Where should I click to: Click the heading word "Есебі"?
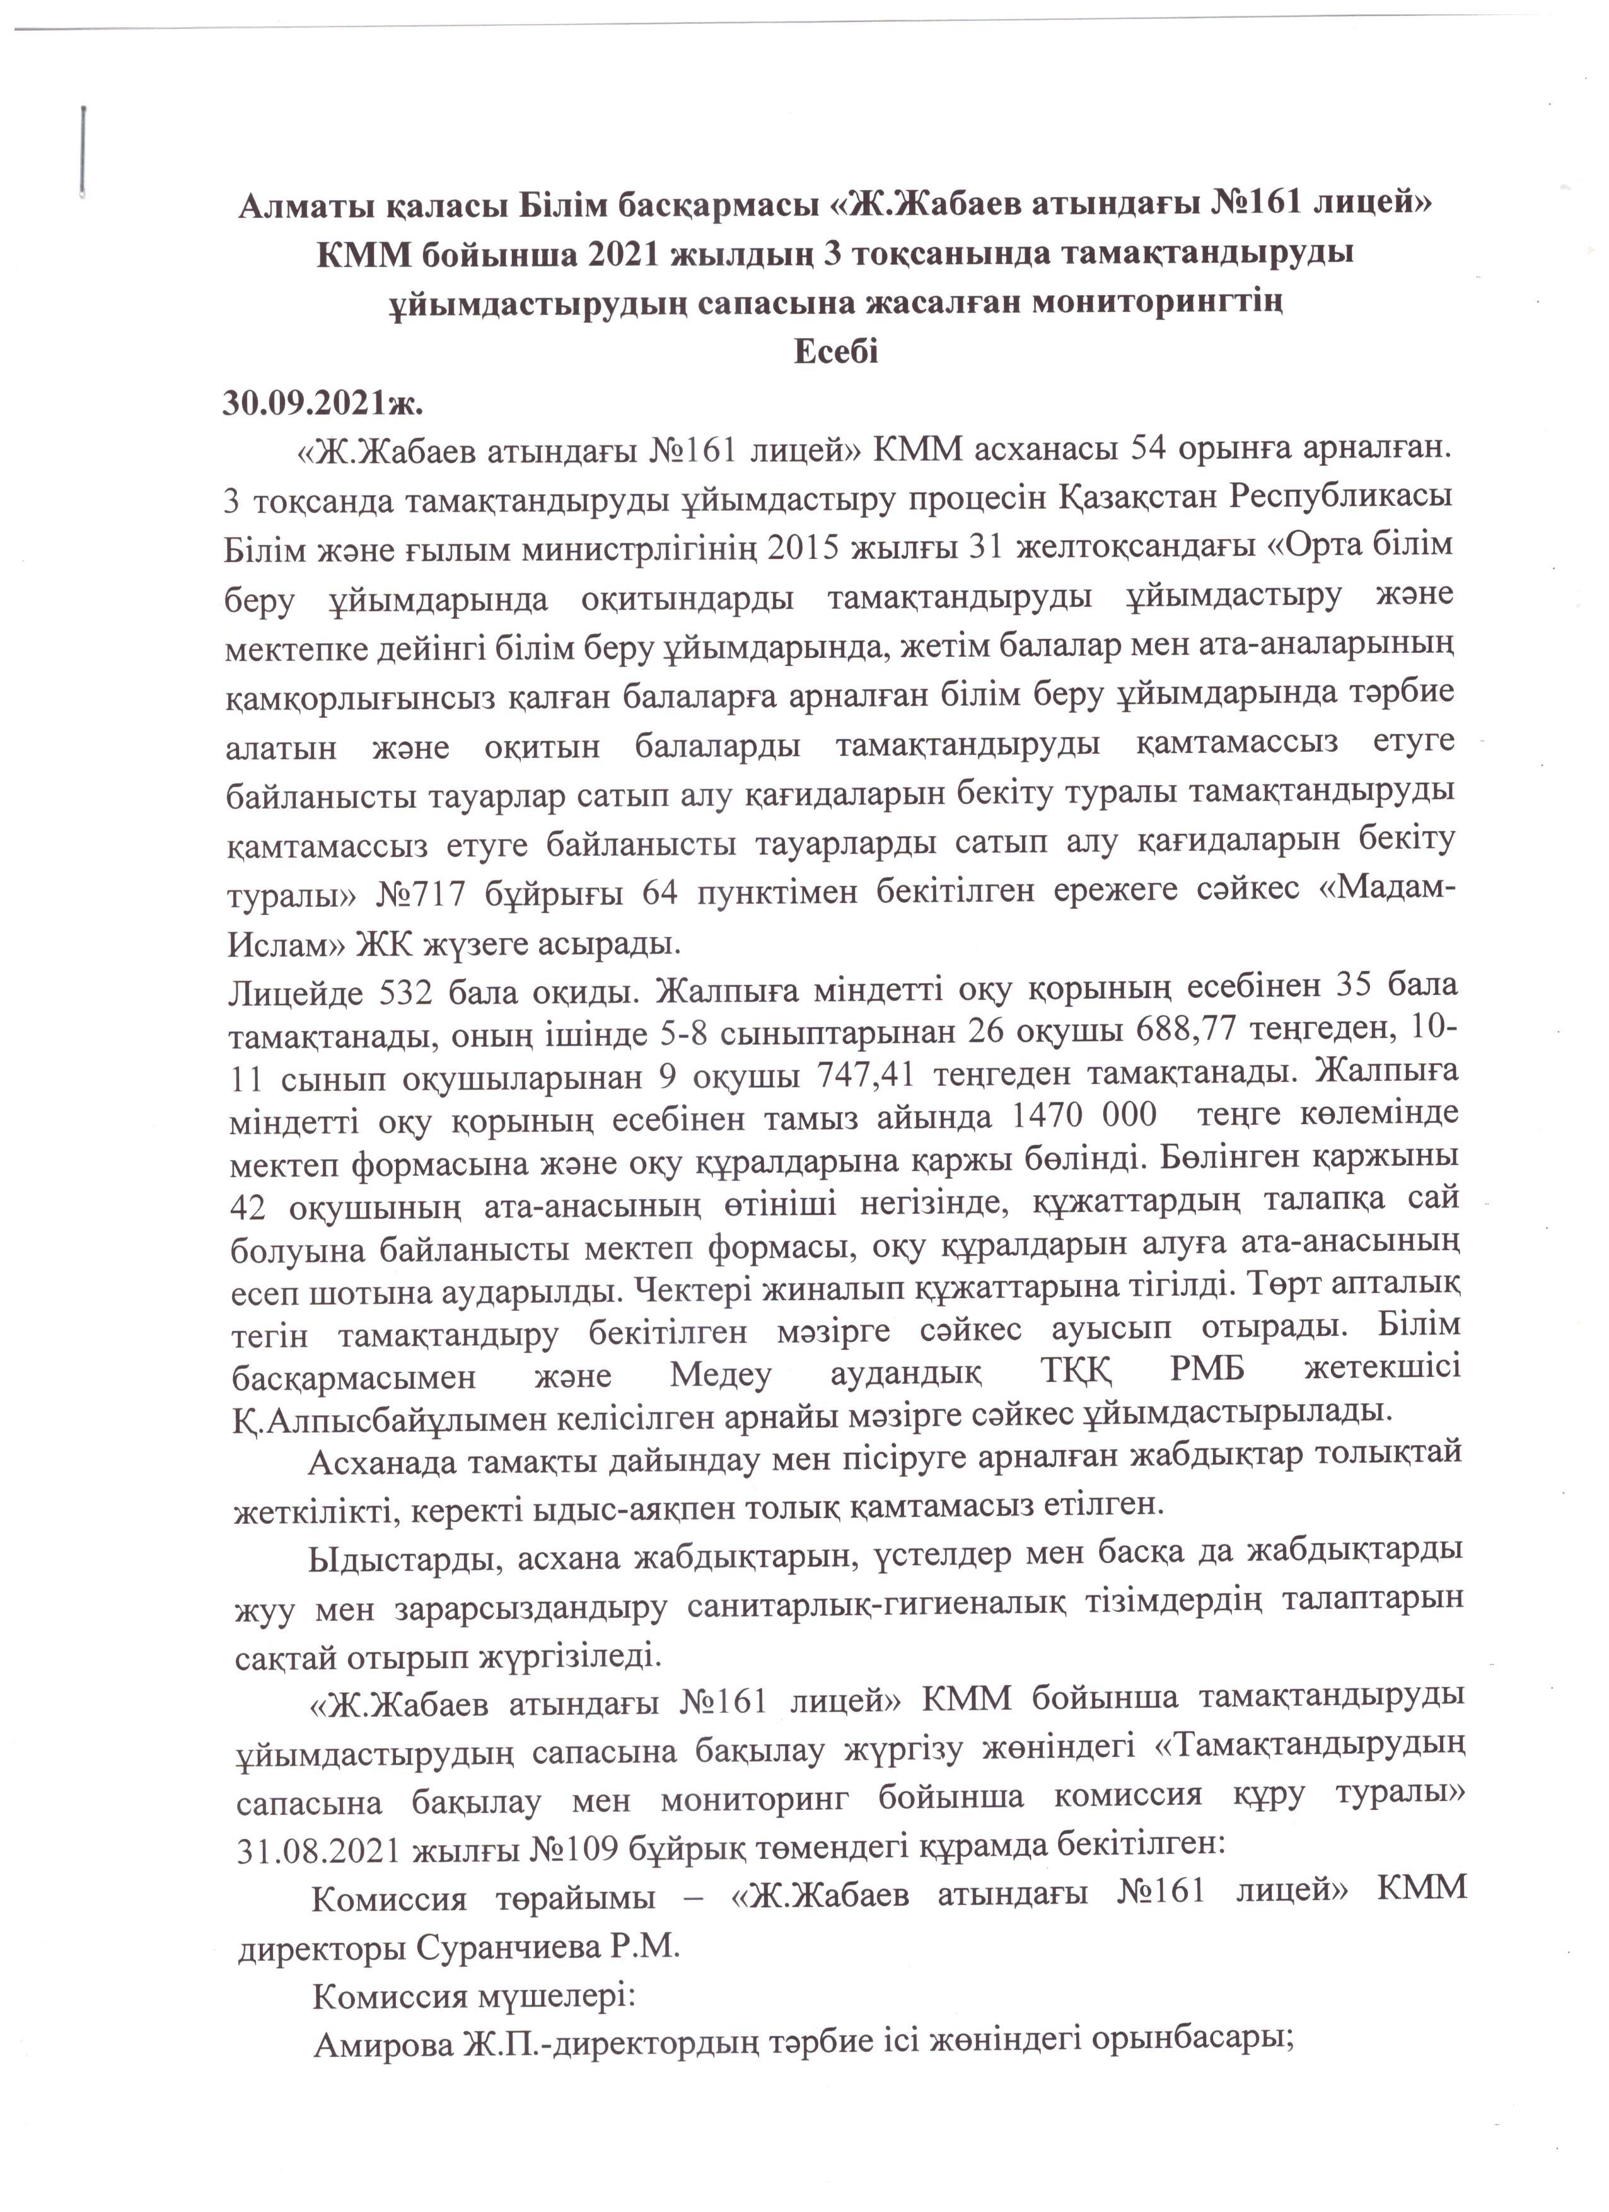coord(836,351)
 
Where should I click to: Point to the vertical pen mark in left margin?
coord(86,148)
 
